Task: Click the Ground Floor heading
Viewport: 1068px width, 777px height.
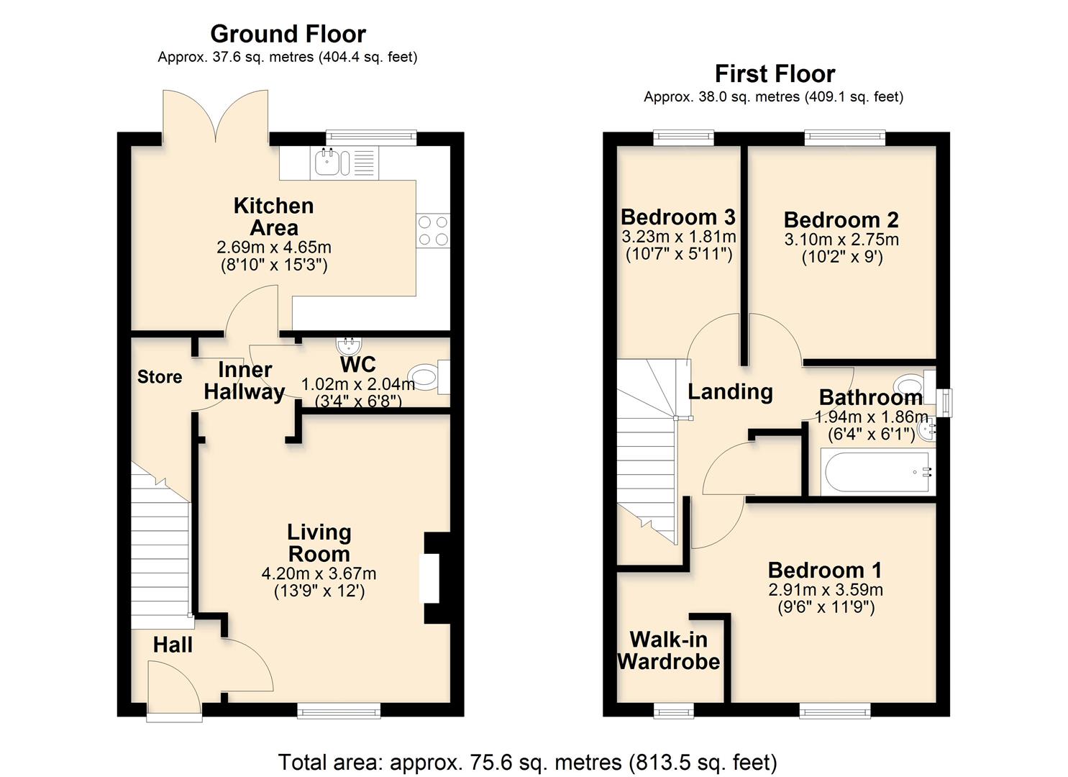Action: [288, 34]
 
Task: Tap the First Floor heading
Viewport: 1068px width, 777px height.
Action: [775, 73]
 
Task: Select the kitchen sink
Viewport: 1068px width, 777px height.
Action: [331, 163]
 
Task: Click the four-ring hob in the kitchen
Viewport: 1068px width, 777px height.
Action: [433, 231]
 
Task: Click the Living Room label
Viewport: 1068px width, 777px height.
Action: [319, 543]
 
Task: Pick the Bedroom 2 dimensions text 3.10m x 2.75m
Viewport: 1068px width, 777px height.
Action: [841, 240]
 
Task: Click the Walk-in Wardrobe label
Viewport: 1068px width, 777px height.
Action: [669, 650]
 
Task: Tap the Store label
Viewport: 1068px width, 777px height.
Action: [160, 377]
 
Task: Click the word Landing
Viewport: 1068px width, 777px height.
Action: [730, 391]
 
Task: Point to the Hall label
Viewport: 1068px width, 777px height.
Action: [173, 645]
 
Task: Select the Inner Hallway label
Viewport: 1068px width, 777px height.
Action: [245, 381]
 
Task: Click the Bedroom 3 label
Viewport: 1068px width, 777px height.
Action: [677, 217]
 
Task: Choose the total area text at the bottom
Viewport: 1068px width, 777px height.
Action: [527, 762]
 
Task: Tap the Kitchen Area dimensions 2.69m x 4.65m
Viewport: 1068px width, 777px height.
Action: [274, 247]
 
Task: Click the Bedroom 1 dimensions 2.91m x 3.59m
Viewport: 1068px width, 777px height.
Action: [825, 590]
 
